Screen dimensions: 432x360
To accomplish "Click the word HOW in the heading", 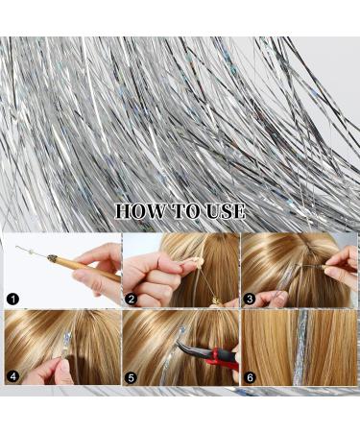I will (142, 211).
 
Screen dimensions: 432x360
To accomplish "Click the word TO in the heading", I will (187, 211).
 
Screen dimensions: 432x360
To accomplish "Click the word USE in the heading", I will (226, 211).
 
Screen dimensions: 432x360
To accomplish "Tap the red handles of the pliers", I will (216, 360).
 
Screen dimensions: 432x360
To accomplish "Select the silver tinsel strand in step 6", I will (300, 346).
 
